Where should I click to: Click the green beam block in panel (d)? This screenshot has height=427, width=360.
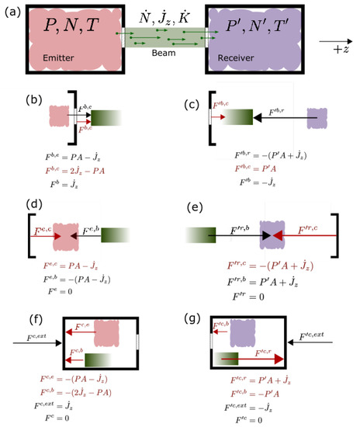tap(113, 234)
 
